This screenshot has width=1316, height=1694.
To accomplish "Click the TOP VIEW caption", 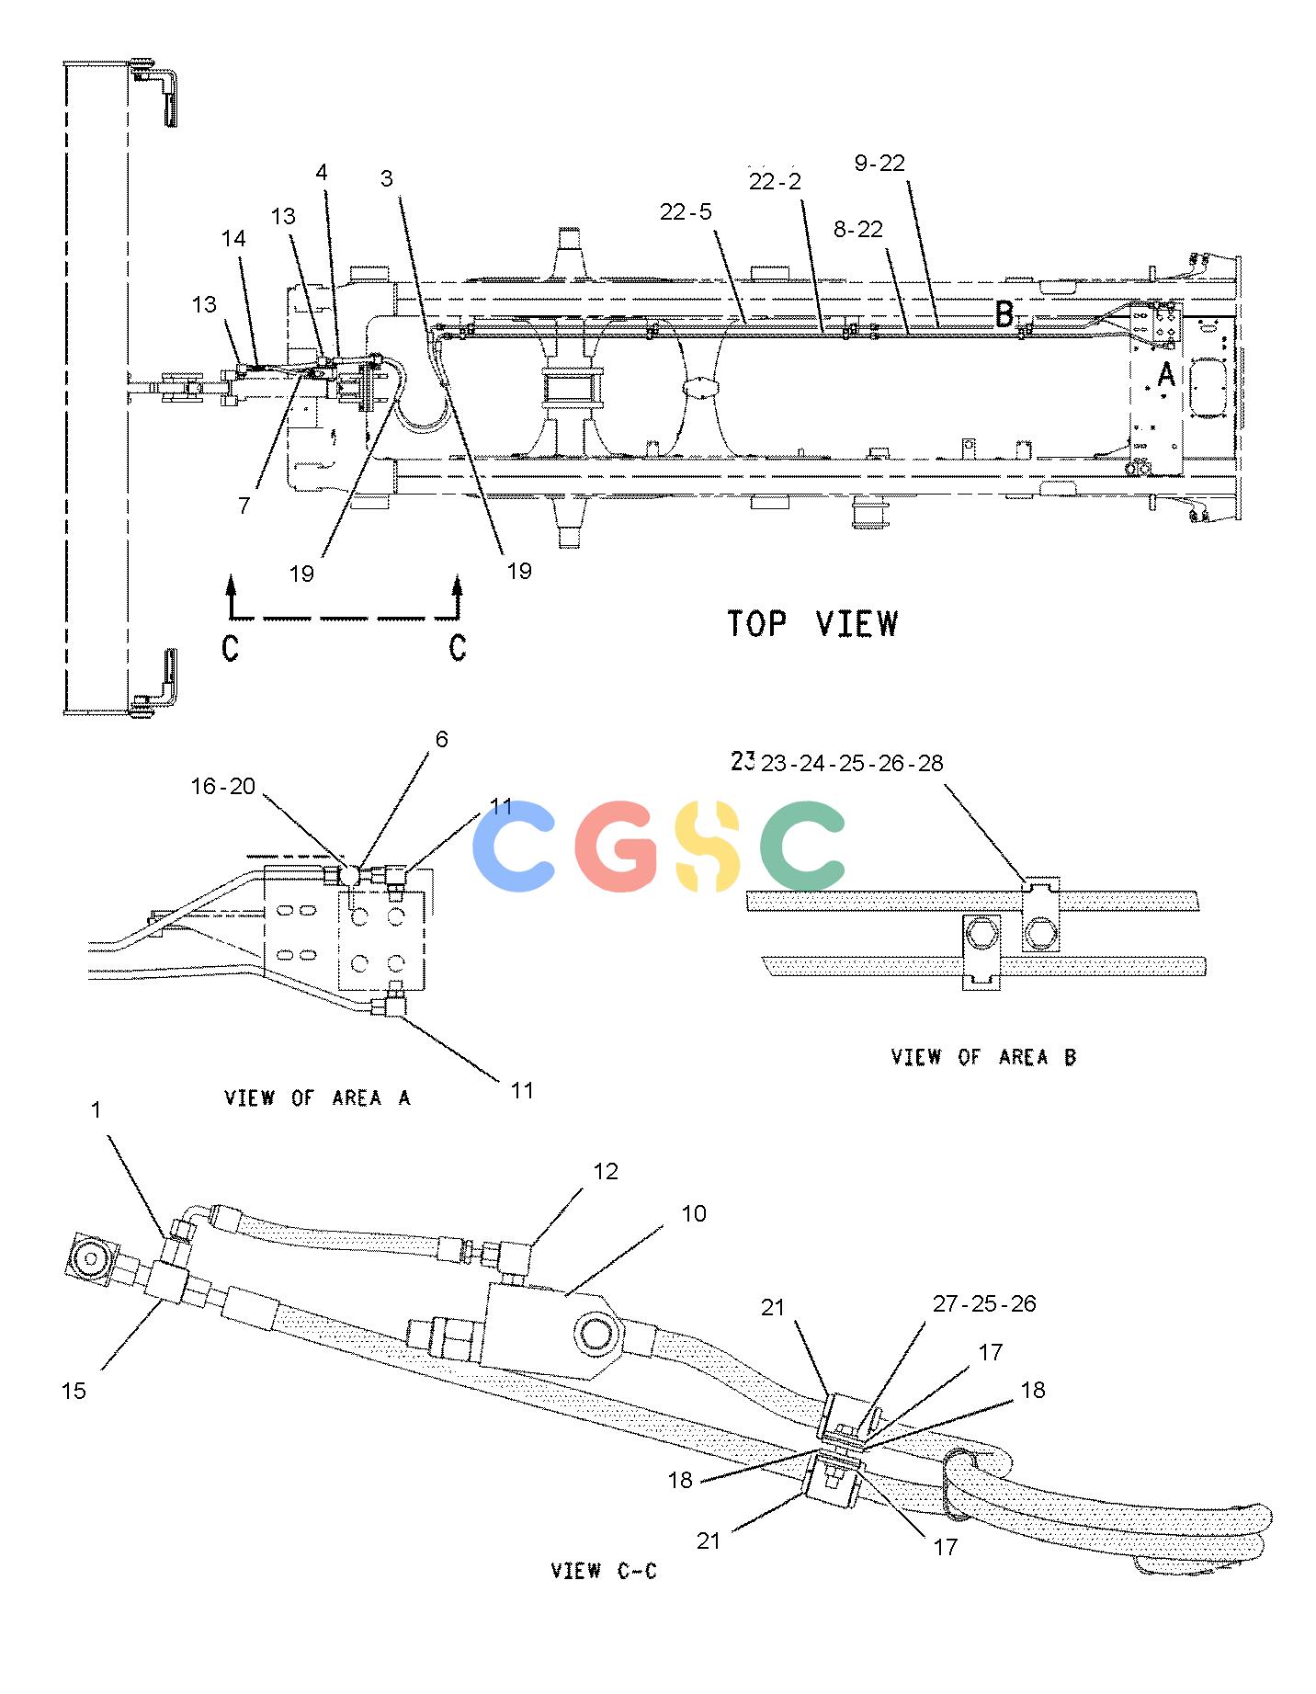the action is coord(812,624).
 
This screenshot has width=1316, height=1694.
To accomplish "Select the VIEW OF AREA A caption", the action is coord(317,1097).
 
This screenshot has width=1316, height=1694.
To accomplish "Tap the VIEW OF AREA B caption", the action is coord(983,1057).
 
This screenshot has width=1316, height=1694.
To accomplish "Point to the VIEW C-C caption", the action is coord(604,1571).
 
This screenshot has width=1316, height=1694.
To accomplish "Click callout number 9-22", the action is coord(879,164).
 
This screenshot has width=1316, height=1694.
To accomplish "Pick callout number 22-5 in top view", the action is coord(686,212).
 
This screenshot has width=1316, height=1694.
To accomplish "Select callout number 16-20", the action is coord(223,786).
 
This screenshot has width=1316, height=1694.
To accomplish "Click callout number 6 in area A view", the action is coord(441,740).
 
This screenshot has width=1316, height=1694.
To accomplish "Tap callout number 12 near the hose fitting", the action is coord(606,1172).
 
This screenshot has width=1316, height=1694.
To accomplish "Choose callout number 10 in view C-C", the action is coord(694,1214).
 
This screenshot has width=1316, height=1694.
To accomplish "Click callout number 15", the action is coord(74,1391).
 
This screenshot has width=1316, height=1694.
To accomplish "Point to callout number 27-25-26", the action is coord(984,1304).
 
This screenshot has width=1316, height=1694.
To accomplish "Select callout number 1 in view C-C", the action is coord(96,1110).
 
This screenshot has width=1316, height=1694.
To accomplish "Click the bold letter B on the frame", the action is coord(1004,314).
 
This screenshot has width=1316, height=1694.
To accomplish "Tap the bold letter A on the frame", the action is coord(1165,375).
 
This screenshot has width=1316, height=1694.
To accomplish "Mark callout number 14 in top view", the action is coord(233,239).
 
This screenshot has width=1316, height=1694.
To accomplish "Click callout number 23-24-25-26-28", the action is coord(851,764).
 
